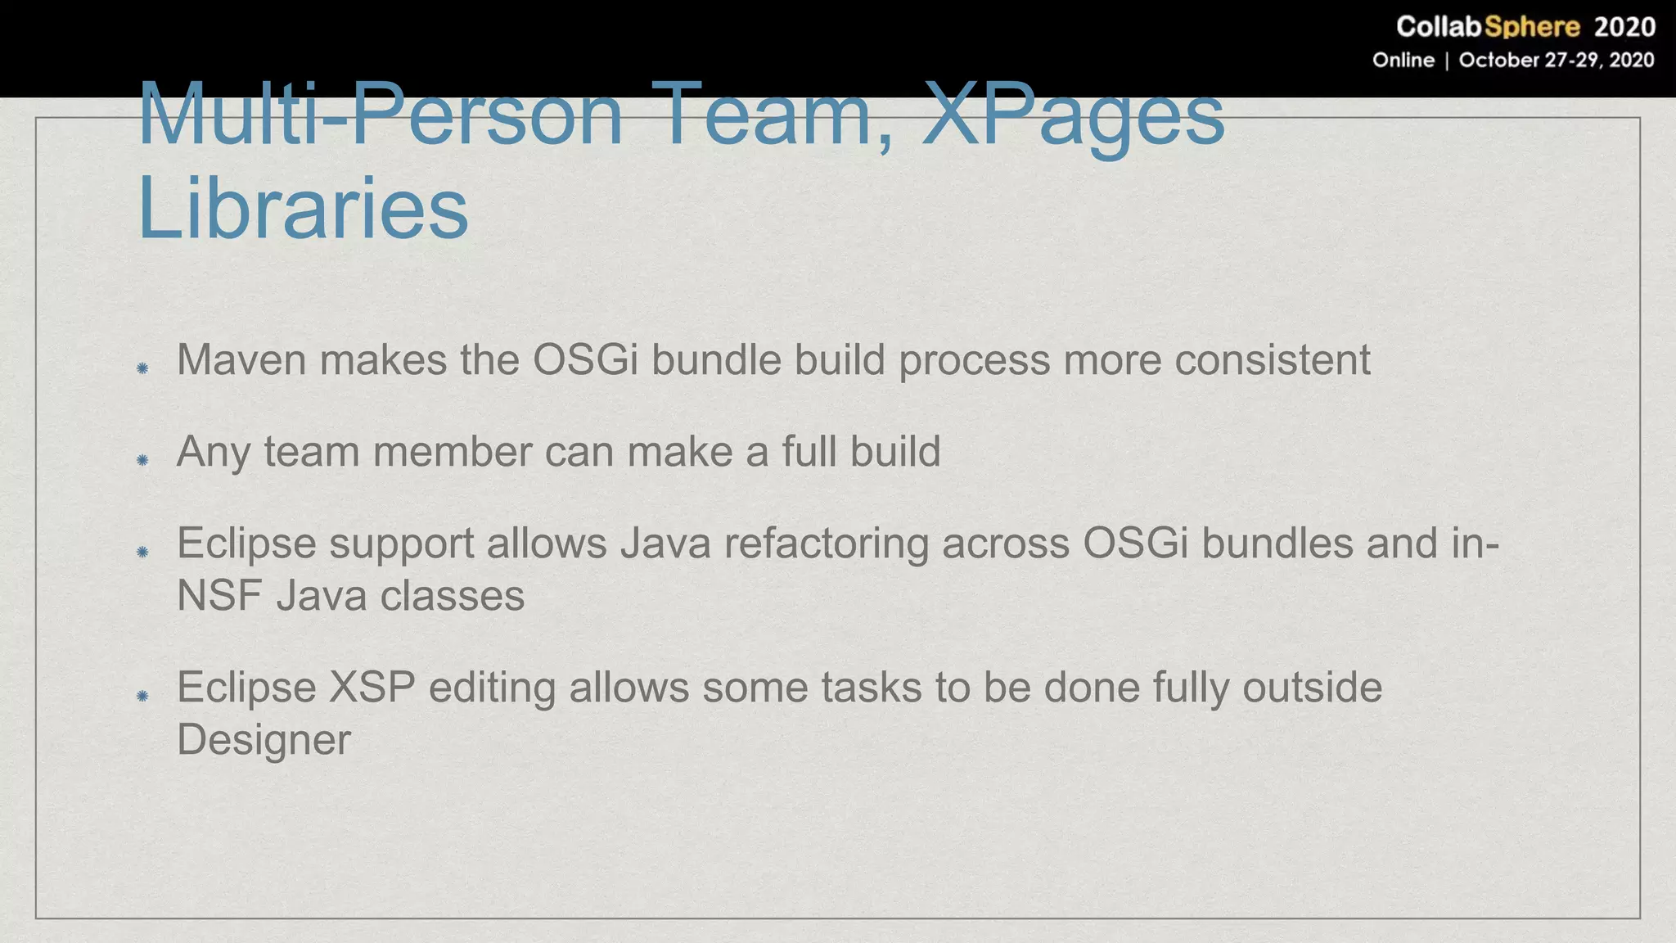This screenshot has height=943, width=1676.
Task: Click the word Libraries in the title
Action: [303, 208]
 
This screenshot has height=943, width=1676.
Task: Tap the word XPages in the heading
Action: [1073, 116]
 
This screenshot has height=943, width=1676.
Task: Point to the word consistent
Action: [1272, 359]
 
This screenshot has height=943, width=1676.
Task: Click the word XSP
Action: [372, 687]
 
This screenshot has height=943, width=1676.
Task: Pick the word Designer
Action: [264, 740]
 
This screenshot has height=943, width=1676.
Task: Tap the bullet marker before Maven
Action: [142, 368]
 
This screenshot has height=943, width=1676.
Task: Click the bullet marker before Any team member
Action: [142, 460]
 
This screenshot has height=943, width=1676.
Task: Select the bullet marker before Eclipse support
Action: [142, 552]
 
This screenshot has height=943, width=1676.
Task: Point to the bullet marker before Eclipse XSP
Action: [142, 696]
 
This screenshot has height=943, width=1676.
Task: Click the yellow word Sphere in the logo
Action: [1531, 27]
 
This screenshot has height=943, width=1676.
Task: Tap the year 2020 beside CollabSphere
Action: [1624, 27]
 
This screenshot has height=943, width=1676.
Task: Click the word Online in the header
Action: [1403, 61]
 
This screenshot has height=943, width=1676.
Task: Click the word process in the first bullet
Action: [974, 359]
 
